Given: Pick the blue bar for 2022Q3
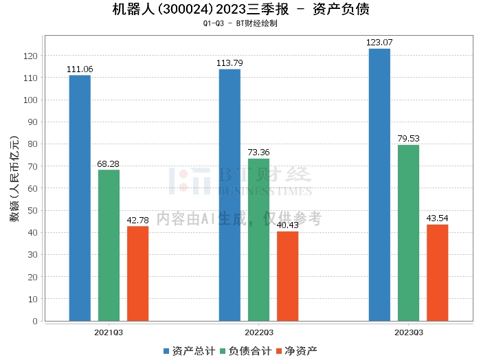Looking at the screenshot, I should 230,195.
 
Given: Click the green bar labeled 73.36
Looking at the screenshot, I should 258,240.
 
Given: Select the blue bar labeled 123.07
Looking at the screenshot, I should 379,185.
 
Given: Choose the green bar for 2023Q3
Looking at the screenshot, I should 408,233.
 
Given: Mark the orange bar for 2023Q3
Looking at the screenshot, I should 437,273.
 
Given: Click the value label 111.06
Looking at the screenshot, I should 80,69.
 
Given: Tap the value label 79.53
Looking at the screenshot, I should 408,139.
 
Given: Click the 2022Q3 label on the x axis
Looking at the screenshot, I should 258,332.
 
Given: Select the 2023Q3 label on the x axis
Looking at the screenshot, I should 408,332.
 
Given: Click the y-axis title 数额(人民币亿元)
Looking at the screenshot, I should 14,185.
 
